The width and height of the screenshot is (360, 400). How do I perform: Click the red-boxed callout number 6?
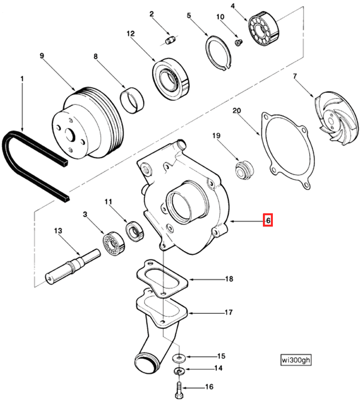tap(268, 220)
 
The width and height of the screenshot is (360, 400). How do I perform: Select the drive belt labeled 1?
tap(28, 161)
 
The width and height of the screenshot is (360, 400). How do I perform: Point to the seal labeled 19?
tap(245, 170)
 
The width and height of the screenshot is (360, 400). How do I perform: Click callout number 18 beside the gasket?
tap(229, 279)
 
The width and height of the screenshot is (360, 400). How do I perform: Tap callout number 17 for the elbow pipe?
tap(228, 313)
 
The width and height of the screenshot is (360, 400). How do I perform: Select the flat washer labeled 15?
tap(179, 356)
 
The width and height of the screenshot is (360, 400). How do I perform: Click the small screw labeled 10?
tap(238, 43)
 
